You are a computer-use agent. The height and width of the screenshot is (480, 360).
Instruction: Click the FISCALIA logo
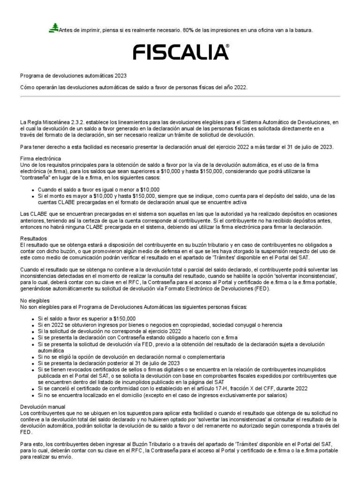180,52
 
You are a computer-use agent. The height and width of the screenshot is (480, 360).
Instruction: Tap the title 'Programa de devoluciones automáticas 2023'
73,75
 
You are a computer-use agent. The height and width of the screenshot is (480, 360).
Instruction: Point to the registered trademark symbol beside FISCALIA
228,46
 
